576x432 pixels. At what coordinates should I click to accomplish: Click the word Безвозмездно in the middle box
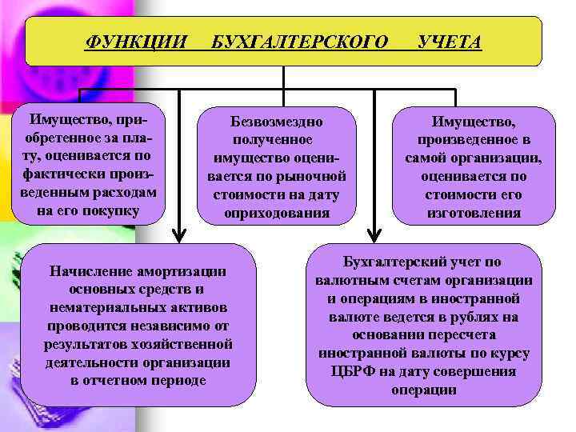pyautogui.click(x=277, y=122)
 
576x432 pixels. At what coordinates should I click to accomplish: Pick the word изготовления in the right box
pyautogui.click(x=474, y=214)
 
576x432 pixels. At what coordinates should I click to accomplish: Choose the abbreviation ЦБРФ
pyautogui.click(x=354, y=372)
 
